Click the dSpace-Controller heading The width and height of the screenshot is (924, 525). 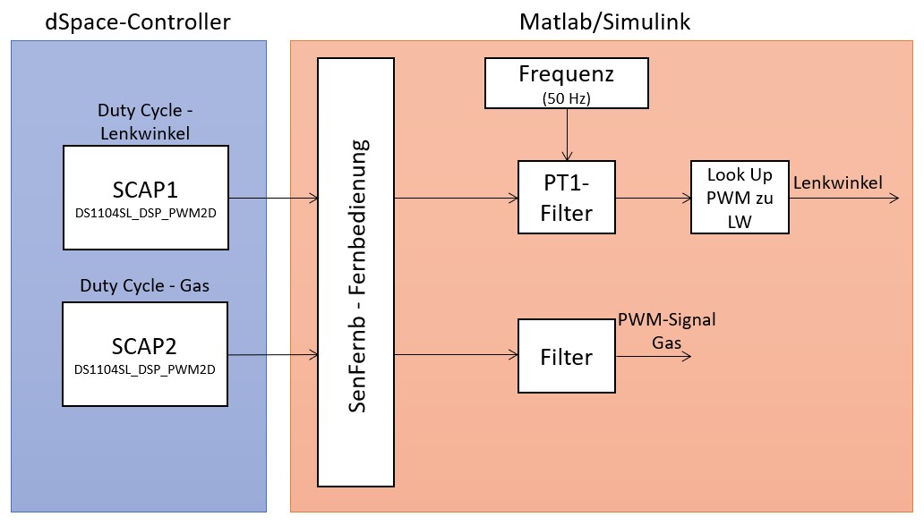pos(138,21)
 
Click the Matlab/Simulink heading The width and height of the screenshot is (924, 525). pos(605,21)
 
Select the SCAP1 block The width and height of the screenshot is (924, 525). pos(146,198)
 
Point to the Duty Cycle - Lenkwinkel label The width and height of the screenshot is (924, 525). pos(146,121)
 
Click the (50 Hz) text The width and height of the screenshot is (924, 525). pos(567,97)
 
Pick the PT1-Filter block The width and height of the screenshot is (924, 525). pos(567,198)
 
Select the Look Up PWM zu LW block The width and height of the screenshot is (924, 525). pos(740,198)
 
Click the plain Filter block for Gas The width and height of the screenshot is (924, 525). pos(567,357)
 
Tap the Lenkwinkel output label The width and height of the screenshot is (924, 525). pos(838,183)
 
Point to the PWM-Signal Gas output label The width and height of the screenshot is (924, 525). pos(665,330)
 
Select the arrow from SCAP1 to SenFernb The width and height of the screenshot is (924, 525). pos(274,198)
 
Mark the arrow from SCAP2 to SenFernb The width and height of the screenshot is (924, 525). pos(274,355)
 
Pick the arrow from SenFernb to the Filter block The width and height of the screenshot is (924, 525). pos(456,355)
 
